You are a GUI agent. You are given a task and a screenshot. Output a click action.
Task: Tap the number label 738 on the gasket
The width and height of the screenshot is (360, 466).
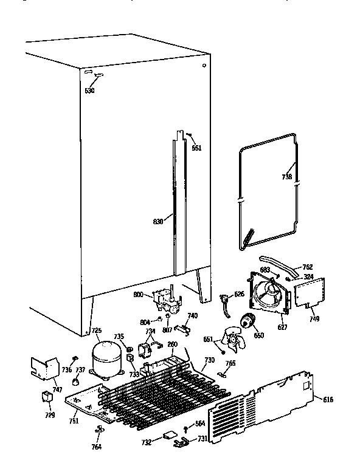287,177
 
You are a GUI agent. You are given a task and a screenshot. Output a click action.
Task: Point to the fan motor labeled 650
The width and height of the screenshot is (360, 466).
249,321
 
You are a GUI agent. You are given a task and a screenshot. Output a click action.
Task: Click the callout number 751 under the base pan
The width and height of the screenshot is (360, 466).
72,421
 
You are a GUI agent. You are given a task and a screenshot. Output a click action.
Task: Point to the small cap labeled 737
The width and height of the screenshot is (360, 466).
76,382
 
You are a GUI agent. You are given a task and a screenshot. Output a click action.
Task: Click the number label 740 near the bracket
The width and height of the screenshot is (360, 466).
192,315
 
